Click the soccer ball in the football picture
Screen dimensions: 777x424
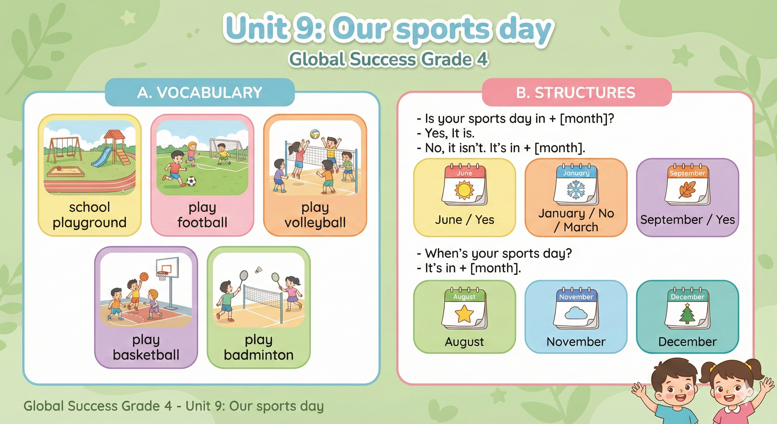(191, 181)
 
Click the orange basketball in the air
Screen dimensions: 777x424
(144, 277)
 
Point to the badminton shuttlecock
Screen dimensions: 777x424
(258, 269)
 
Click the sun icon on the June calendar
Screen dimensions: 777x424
(464, 190)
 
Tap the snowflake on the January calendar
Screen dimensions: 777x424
(576, 190)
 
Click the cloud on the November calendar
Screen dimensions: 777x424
(576, 314)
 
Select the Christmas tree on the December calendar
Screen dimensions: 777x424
(687, 313)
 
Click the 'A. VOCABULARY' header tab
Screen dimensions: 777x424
(200, 92)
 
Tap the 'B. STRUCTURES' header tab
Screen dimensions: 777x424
(576, 92)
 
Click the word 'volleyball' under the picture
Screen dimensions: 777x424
(315, 223)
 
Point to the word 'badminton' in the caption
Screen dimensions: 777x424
(259, 355)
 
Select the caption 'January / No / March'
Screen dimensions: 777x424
(576, 220)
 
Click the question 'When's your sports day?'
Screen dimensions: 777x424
(498, 253)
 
